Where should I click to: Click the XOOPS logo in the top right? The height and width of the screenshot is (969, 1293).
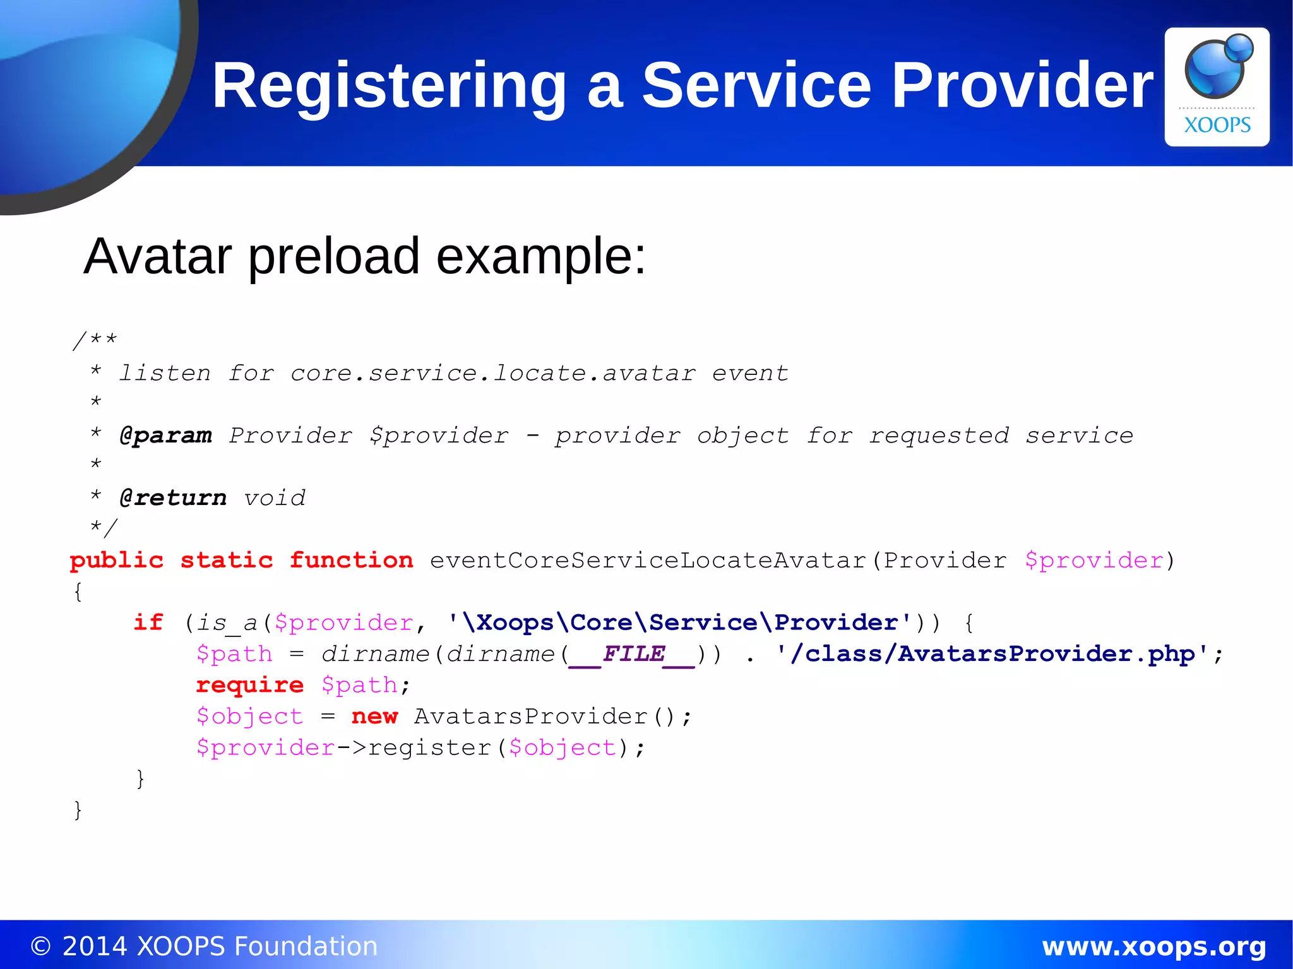coord(1217,86)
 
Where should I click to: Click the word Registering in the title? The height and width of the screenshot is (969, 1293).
coord(388,86)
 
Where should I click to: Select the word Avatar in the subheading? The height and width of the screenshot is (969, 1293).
coord(158,256)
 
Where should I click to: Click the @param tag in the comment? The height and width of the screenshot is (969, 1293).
coord(166,436)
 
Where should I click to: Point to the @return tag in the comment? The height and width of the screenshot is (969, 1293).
coord(173,498)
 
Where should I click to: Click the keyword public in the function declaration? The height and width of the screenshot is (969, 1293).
coord(117,561)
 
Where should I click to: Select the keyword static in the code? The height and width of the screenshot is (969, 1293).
coord(227,561)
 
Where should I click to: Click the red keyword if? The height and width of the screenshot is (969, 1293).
coord(148,622)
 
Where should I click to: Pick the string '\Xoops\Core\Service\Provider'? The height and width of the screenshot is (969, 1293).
coord(679,622)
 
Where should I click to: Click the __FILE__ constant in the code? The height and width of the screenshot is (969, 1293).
coord(632,654)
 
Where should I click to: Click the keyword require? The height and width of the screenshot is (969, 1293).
coord(250,685)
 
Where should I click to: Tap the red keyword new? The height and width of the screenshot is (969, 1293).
coord(374,716)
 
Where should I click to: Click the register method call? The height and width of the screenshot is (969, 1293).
coord(429,747)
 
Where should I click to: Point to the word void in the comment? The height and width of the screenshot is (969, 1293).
coord(275,498)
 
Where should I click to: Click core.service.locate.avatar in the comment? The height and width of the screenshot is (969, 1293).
coord(492,373)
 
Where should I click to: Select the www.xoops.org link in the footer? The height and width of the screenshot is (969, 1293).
coord(1153,946)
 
